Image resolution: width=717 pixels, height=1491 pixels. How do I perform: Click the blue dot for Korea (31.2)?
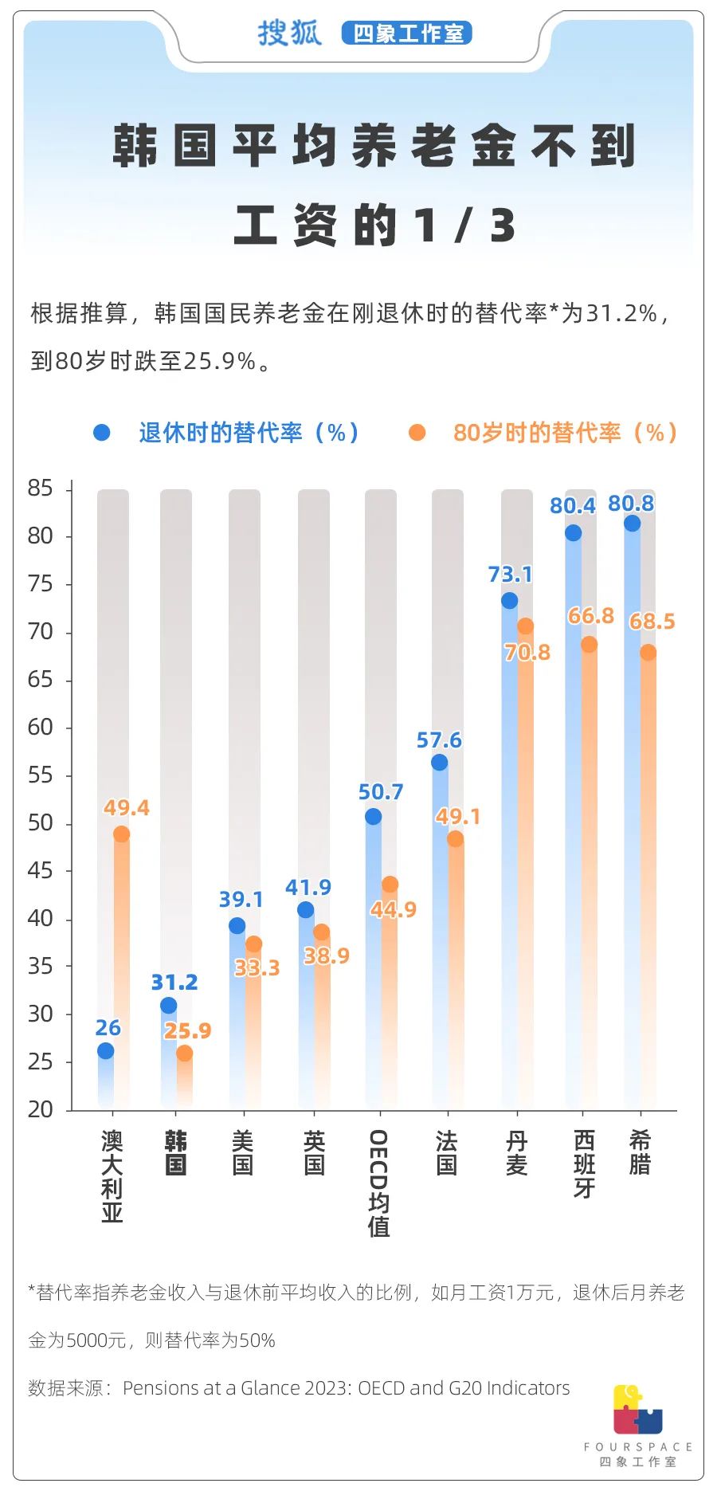168,1005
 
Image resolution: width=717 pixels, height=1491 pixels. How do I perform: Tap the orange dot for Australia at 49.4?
121,834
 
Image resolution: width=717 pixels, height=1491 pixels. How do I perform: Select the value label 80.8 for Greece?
630,503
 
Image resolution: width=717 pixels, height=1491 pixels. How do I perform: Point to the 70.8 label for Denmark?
527,652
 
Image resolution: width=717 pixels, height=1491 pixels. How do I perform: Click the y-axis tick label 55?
40,775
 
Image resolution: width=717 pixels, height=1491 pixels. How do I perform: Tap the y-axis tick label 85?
40,488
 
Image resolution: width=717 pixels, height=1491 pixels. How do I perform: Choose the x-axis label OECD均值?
379,1183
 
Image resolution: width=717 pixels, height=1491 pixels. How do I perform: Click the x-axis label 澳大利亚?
112,1175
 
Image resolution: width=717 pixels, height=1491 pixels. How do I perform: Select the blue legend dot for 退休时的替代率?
102,432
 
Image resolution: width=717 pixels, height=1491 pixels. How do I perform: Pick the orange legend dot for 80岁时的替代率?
417,432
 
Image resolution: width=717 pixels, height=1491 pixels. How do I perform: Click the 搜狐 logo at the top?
289,33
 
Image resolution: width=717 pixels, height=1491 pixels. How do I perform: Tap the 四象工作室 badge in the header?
407,33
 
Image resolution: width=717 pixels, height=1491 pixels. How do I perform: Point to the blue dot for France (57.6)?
439,762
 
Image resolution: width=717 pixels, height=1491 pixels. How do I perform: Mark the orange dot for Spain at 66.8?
589,644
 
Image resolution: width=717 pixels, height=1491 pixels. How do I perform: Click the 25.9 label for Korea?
187,1030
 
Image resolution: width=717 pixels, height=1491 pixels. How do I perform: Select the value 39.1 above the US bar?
241,899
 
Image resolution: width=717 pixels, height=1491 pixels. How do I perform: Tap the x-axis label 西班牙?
584,1163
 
